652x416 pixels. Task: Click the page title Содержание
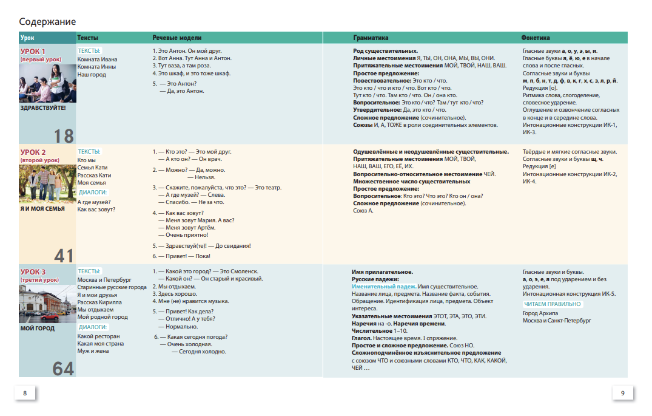click(47, 22)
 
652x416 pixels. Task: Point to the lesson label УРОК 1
click(33, 52)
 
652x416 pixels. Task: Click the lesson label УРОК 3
click(33, 271)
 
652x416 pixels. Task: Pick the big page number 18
click(64, 135)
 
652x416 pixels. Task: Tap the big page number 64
click(63, 368)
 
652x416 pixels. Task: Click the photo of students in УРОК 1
click(47, 83)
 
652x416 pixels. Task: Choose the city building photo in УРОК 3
click(47, 303)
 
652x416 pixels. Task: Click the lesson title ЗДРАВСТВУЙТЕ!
click(42, 108)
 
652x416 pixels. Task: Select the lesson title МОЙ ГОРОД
click(38, 329)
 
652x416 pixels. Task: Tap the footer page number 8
click(25, 394)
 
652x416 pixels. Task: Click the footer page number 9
click(622, 394)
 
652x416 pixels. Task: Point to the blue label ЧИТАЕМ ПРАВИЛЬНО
click(552, 304)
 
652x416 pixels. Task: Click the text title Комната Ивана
click(98, 60)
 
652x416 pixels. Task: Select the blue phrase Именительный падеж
click(383, 287)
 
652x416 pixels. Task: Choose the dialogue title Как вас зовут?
click(96, 209)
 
